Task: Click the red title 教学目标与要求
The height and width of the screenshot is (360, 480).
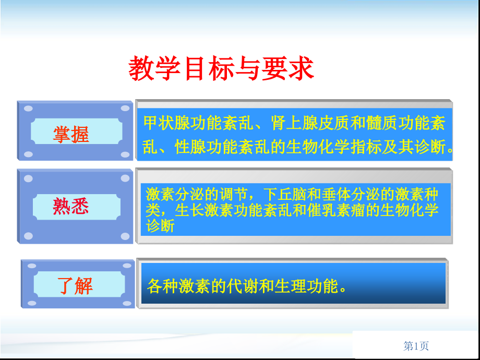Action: [221, 69]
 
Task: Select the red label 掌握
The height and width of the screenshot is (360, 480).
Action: [71, 135]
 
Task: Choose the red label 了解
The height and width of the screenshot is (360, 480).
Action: [75, 286]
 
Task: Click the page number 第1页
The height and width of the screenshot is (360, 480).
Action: [416, 346]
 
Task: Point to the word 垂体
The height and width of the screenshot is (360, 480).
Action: [326, 195]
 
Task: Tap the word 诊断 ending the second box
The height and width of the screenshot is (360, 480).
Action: [160, 227]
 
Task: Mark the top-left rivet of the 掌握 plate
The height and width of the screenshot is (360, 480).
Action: [29, 109]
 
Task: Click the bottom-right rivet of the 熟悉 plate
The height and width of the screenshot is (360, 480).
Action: [125, 236]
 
